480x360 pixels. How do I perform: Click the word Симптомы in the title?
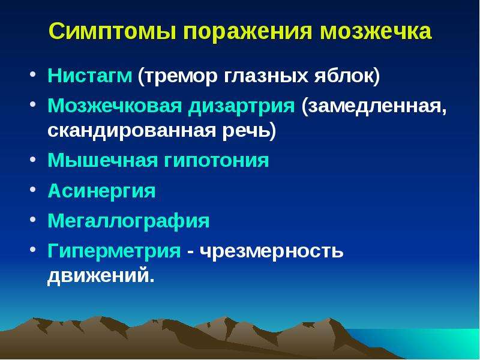(112, 31)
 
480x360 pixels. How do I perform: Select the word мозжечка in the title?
(376, 31)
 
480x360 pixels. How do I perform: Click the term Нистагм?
(89, 76)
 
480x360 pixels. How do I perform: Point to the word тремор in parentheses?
(181, 77)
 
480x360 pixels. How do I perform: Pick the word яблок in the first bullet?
(343, 76)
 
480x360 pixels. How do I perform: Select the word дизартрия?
(242, 107)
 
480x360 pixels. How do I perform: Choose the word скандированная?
(131, 131)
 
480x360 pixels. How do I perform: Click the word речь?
(246, 131)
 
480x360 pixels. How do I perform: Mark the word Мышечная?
(103, 160)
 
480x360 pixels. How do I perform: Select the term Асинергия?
(101, 191)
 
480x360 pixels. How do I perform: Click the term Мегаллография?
(128, 221)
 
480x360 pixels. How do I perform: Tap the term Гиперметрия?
(114, 251)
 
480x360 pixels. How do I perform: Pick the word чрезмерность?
(272, 251)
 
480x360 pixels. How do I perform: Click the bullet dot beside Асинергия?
(33, 189)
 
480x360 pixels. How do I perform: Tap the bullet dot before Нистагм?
(33, 74)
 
